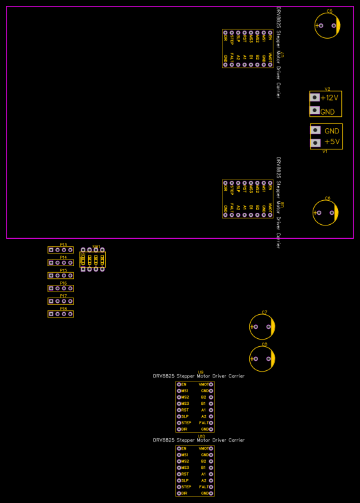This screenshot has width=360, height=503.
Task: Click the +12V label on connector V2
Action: pos(329,97)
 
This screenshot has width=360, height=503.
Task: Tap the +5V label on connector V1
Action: pos(331,142)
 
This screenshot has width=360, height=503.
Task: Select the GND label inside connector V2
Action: pos(328,112)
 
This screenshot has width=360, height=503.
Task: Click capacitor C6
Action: pos(326,213)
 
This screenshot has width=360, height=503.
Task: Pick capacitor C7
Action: pos(262,327)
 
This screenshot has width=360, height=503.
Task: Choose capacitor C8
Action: pos(262,359)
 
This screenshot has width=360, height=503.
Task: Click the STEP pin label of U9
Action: pos(186,422)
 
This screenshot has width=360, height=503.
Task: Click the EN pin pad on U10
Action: pos(179,448)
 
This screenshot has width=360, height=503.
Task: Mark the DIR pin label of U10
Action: pos(184,493)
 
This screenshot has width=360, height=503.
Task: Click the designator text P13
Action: pos(63,244)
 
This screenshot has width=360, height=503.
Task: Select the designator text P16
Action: pos(63,283)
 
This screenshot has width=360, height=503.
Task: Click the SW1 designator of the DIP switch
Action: pos(96,246)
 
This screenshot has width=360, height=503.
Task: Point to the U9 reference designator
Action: pos(201,371)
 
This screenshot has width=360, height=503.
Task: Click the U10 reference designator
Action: pos(201,436)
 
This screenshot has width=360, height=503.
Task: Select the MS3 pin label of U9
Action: pos(185,404)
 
